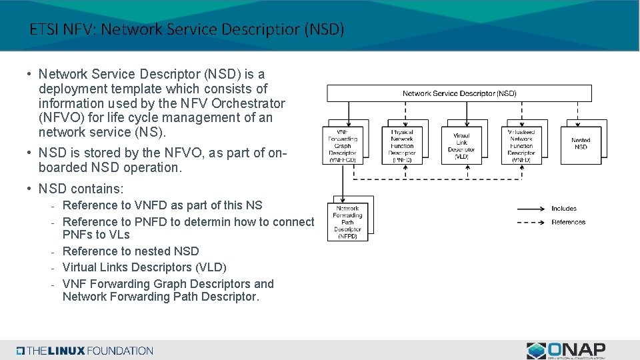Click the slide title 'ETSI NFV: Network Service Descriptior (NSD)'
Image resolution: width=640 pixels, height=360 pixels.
tap(187, 29)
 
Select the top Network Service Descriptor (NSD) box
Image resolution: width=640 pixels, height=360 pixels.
tap(459, 93)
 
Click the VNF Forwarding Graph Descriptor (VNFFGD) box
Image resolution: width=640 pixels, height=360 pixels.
tap(343, 145)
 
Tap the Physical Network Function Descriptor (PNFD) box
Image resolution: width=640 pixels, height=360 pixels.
tap(402, 145)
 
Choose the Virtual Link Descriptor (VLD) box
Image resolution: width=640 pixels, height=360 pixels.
tap(461, 145)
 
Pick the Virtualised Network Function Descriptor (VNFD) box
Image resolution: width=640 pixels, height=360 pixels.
tap(521, 145)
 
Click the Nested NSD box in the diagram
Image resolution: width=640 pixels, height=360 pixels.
tap(581, 143)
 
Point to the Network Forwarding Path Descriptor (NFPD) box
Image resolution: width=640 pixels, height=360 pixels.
tap(347, 221)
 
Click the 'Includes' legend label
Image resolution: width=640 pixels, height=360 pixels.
tap(564, 209)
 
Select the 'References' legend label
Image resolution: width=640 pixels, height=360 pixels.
tap(568, 222)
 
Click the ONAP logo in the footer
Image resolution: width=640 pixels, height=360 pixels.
tap(566, 350)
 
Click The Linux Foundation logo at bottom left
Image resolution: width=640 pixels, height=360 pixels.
tap(85, 351)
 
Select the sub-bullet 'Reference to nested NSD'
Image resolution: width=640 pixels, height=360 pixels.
tap(131, 251)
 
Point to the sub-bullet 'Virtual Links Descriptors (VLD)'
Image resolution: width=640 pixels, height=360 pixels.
tap(144, 267)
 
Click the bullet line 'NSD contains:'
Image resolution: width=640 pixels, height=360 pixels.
tap(81, 189)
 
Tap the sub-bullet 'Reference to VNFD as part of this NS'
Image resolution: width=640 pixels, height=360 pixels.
tap(162, 205)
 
